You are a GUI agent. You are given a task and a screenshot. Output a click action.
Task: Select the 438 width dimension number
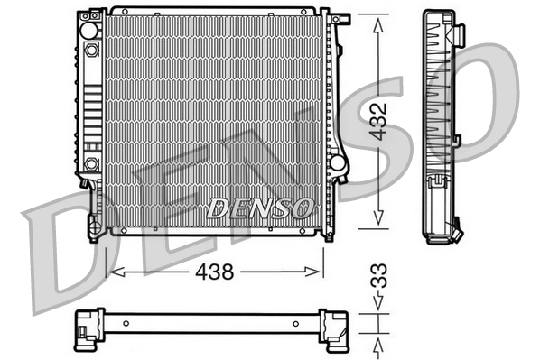pyautogui.click(x=216, y=270)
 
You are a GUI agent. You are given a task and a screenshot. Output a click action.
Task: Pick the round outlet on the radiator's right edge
pyautogui.click(x=338, y=164)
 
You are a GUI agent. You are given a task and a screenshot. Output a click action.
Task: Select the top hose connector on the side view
pyautogui.click(x=458, y=34)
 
